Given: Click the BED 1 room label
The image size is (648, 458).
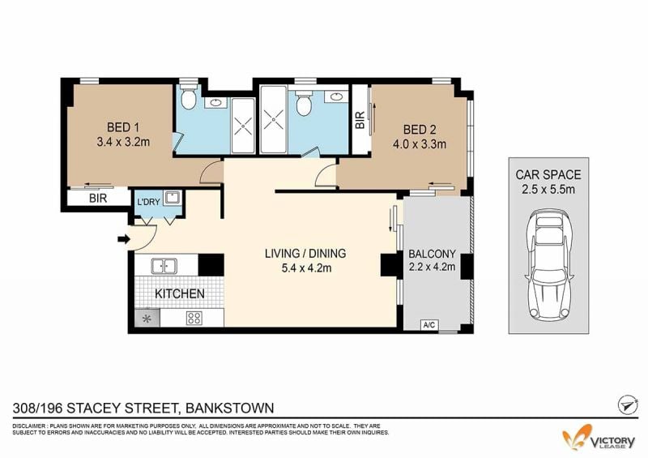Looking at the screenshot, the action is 123,127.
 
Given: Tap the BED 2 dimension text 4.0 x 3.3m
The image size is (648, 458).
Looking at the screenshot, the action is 420,144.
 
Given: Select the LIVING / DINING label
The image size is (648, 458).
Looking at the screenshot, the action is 305,253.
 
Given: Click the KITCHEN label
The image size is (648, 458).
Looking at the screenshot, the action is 180,293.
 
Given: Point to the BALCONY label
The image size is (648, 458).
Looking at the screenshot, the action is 432,253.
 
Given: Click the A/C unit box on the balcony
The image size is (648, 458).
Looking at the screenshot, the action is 429,325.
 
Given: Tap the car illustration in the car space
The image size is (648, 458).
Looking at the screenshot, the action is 549,264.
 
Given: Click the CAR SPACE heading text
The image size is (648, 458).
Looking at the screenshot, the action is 548,174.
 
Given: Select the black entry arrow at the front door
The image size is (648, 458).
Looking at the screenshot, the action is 124,239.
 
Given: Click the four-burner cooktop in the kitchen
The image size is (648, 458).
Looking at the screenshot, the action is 194,318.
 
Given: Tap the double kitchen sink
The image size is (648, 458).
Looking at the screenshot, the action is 164,266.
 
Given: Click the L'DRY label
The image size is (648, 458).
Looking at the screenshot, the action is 148,202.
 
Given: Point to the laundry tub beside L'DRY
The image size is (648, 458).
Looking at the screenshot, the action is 172,198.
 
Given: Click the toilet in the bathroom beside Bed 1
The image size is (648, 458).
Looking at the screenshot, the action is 189,97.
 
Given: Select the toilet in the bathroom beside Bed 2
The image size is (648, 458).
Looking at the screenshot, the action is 304,103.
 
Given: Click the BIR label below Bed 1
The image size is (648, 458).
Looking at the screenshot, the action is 98,198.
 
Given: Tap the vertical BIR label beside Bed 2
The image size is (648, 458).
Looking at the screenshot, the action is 360,120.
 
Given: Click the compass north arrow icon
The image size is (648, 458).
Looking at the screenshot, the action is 628,404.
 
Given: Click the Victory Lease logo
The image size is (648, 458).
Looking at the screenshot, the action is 599,439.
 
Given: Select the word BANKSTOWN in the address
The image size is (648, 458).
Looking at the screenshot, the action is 230,408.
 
